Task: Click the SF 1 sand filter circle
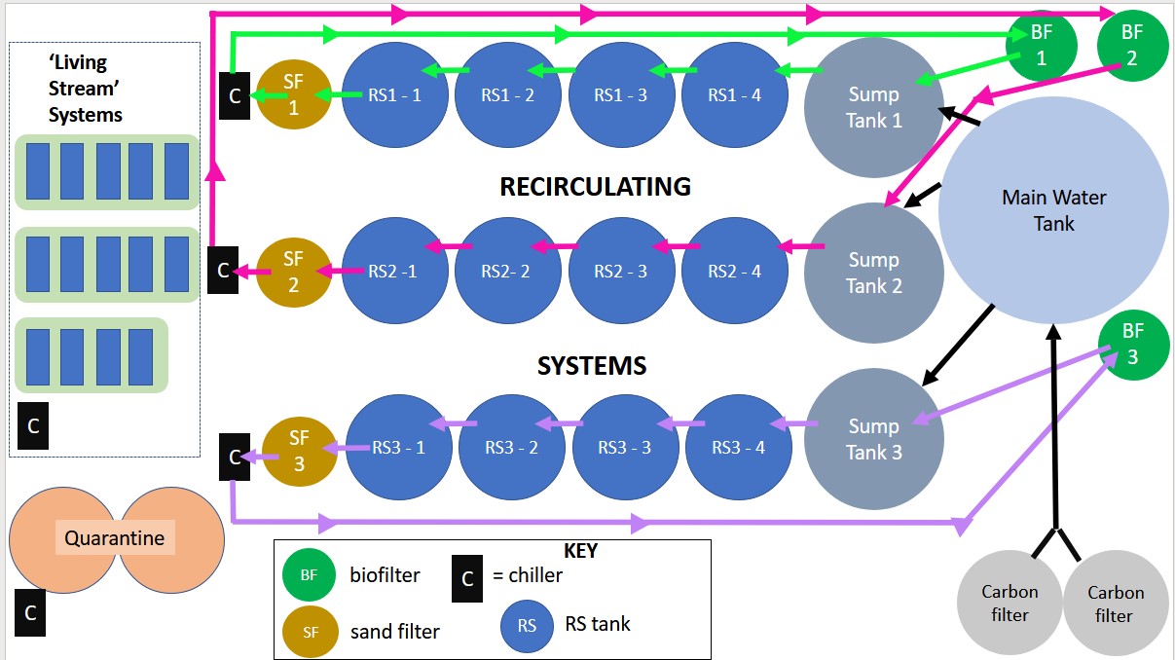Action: pos(293,94)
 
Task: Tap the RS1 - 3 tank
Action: pos(622,94)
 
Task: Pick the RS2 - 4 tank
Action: pos(735,271)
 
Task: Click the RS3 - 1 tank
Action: pos(399,448)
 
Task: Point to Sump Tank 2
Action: pos(873,273)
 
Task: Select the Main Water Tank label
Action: pos(1054,210)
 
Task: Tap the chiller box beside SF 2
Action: pos(223,271)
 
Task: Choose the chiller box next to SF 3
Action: pos(234,456)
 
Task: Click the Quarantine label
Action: pos(114,537)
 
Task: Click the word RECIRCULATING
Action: pos(595,186)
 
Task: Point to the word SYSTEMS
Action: pos(592,366)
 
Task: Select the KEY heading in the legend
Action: pos(580,551)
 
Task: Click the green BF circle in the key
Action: pos(309,575)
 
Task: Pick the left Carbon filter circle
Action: pos(1009,603)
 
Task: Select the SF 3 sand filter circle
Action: pos(299,451)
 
